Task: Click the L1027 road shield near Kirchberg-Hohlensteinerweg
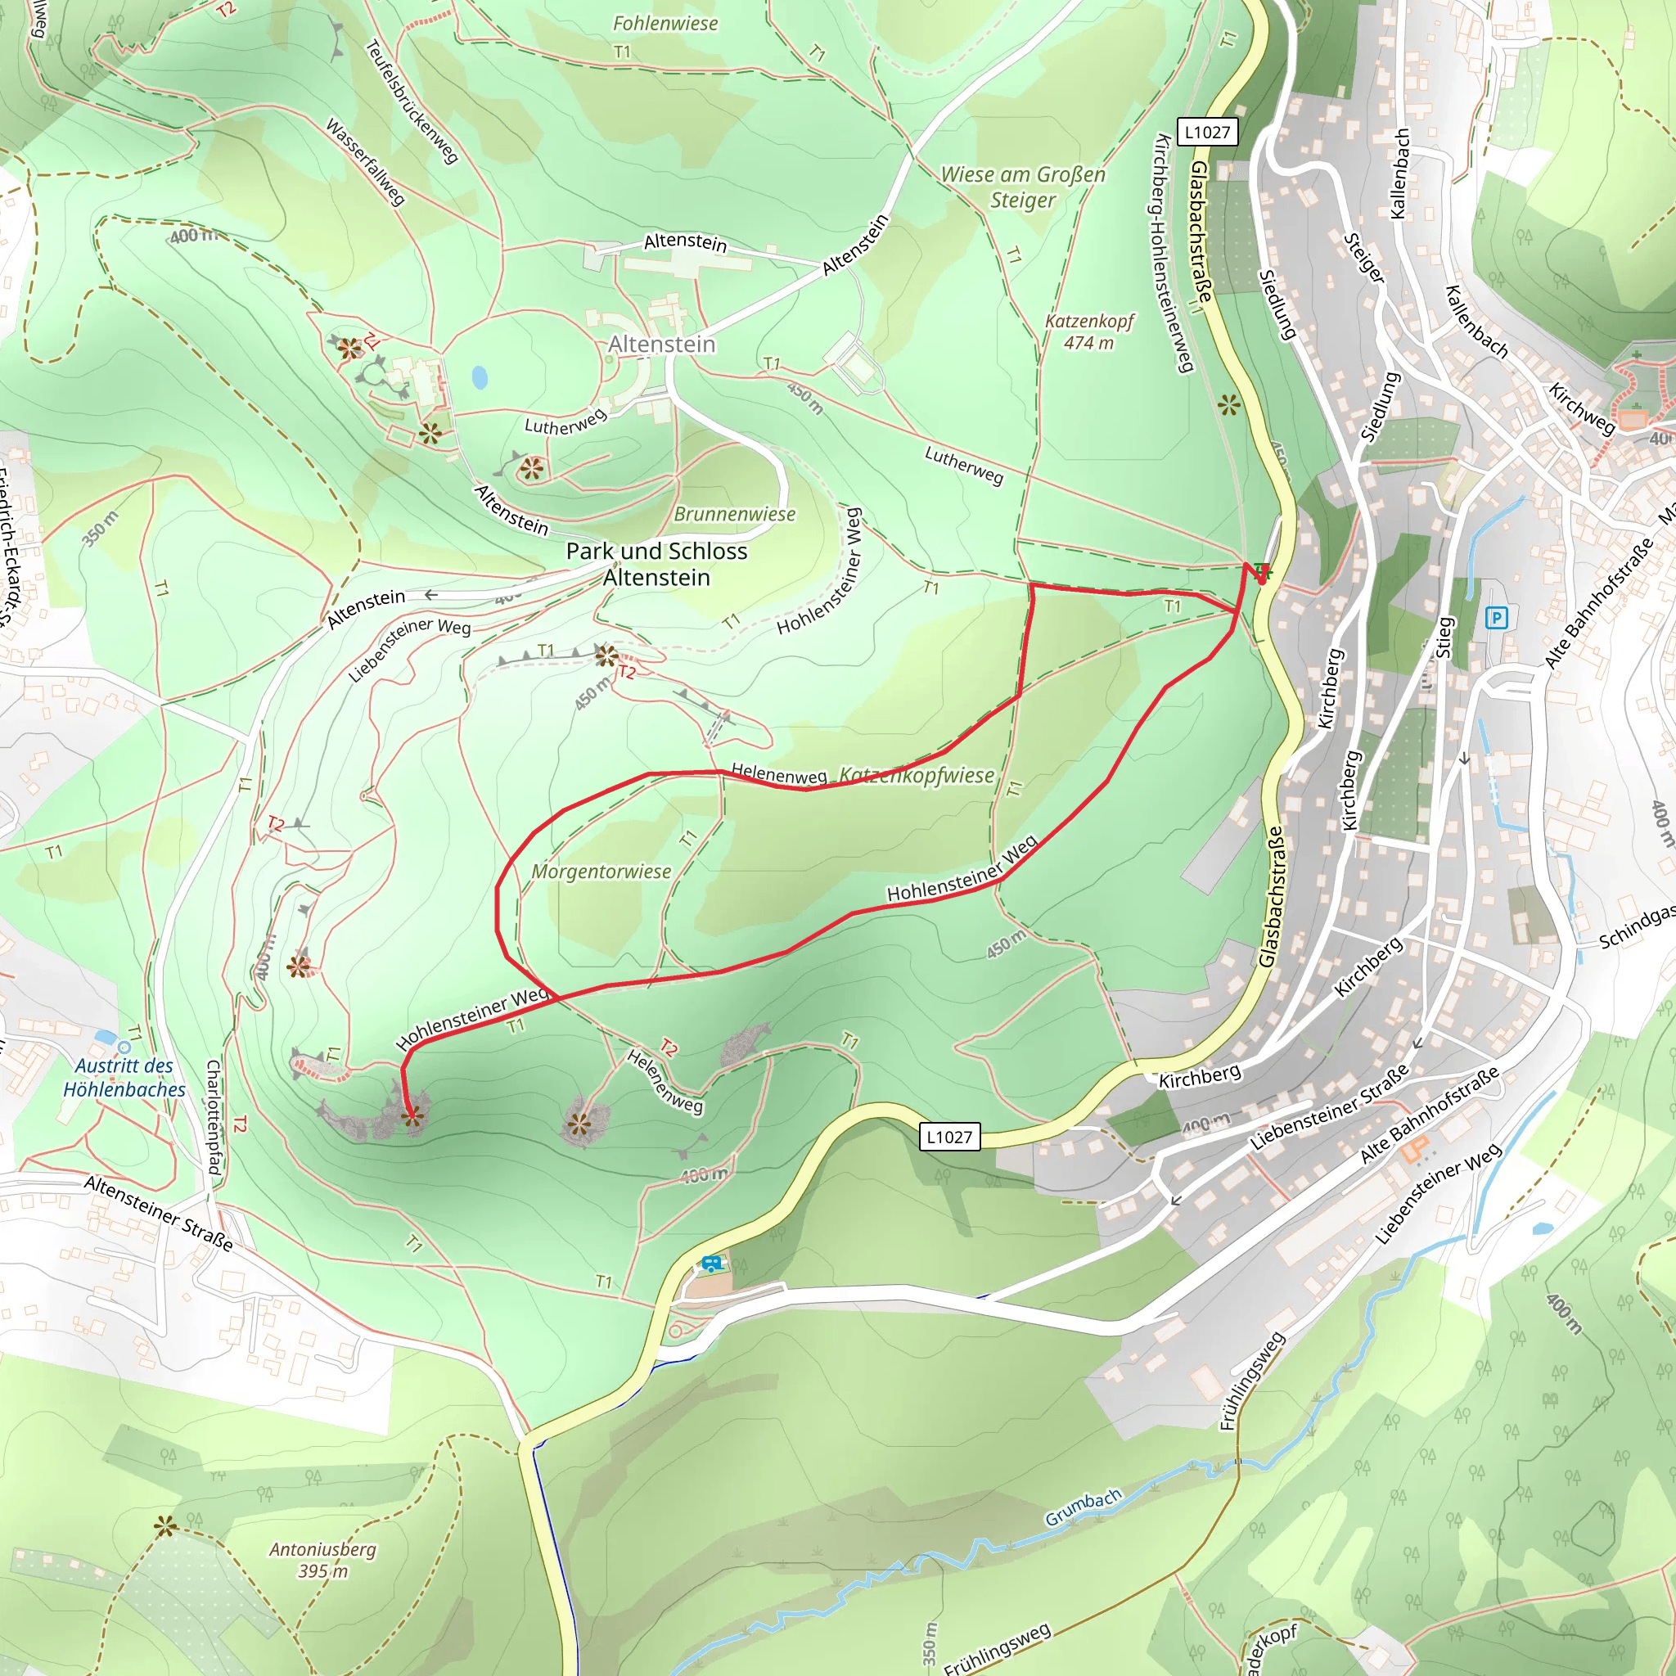[1208, 132]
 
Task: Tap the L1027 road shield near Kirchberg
[950, 1137]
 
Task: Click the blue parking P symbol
[1497, 618]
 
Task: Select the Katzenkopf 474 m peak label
[1088, 331]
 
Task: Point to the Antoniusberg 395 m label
[322, 1560]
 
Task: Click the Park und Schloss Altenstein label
[656, 564]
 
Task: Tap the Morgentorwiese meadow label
[601, 872]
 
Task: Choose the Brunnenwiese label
[735, 514]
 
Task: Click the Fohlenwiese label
[665, 24]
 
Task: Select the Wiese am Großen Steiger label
[1023, 187]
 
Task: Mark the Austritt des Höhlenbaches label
[124, 1078]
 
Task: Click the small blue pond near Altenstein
[479, 377]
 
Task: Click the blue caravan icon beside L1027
[711, 1264]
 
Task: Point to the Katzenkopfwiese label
[917, 776]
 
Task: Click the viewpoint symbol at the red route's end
[413, 1115]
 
